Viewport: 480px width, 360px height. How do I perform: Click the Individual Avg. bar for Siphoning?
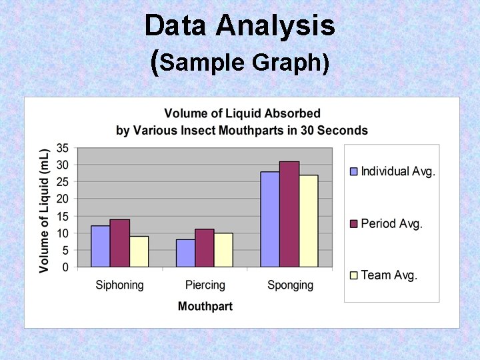tap(101, 247)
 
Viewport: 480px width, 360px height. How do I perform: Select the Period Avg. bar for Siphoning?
tap(120, 243)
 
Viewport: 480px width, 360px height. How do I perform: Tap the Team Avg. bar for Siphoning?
tap(139, 252)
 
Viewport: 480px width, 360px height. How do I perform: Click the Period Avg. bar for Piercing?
tap(205, 248)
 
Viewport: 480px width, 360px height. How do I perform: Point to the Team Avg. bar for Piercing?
tap(223, 250)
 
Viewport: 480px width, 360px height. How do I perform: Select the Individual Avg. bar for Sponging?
tap(270, 219)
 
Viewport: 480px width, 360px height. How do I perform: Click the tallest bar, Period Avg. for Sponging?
tap(289, 214)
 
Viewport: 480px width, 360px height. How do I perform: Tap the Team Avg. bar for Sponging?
tap(308, 221)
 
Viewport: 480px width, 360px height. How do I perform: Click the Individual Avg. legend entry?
tap(393, 171)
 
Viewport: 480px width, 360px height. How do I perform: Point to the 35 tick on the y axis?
tap(62, 147)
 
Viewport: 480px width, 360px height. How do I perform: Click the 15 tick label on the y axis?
tap(62, 216)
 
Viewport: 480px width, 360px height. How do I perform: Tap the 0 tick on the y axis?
tap(65, 267)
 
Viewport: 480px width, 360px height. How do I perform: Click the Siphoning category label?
tap(119, 285)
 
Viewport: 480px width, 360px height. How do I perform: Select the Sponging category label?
tap(290, 285)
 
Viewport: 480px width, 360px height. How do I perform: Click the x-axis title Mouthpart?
tap(205, 307)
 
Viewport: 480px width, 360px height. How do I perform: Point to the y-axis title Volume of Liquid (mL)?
tap(45, 210)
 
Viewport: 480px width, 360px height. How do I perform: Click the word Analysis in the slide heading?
tap(275, 27)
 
